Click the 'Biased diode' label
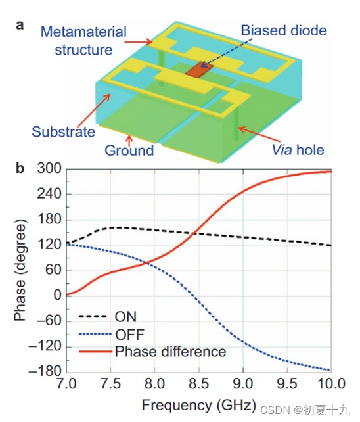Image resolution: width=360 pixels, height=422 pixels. [x=283, y=30]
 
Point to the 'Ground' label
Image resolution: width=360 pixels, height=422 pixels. [x=129, y=151]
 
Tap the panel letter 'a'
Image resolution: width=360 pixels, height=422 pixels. [x=20, y=24]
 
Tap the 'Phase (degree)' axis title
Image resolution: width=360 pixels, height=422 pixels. [x=20, y=270]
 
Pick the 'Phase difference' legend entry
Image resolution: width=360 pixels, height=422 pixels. [x=170, y=352]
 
